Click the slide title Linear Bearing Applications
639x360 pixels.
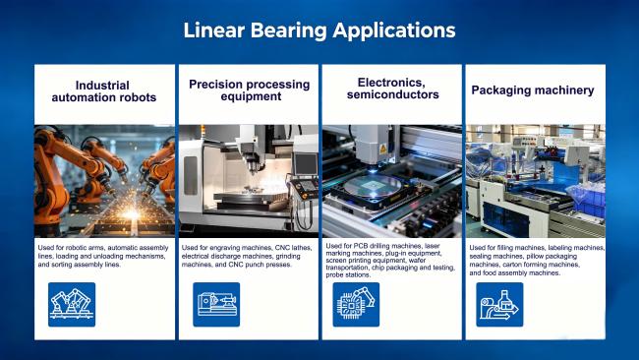click(x=319, y=30)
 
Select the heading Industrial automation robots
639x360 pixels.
click(x=104, y=91)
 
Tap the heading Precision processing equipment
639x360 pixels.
click(x=250, y=90)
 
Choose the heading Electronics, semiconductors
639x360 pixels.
click(x=393, y=89)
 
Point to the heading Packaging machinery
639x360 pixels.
click(x=533, y=90)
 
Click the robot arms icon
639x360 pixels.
click(x=72, y=305)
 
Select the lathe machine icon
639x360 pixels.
click(x=216, y=305)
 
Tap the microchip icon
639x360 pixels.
click(x=356, y=305)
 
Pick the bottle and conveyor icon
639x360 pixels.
click(x=499, y=305)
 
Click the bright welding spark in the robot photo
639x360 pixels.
click(x=131, y=213)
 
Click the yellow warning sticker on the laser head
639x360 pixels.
click(x=382, y=149)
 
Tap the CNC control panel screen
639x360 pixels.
click(x=306, y=164)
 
